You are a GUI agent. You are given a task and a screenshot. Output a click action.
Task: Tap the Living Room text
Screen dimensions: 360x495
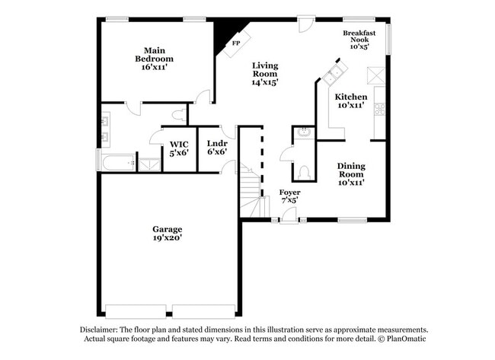[x=265, y=74]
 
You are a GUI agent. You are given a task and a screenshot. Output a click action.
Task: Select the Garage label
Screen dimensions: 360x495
[x=167, y=233]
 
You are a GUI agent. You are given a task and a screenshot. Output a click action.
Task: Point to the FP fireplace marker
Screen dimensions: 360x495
[x=236, y=44]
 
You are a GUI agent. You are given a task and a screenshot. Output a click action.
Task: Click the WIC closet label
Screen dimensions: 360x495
[x=179, y=148]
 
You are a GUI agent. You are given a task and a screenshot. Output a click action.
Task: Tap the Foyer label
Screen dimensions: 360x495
[x=289, y=196]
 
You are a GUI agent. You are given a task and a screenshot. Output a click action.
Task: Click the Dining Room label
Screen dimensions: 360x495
[x=351, y=174]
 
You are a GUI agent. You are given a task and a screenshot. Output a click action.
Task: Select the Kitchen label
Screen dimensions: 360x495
[x=351, y=101]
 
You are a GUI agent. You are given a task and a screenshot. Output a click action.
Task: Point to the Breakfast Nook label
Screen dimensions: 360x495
[x=358, y=40]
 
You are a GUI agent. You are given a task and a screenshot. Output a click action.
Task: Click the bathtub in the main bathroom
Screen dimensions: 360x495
[x=117, y=162]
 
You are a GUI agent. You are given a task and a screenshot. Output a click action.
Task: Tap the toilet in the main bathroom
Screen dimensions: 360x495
[x=177, y=115]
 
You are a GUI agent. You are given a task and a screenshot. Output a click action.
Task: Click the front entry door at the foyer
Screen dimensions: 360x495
[x=289, y=221]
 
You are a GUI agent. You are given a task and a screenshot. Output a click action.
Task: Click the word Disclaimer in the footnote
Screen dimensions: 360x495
[x=102, y=330]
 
